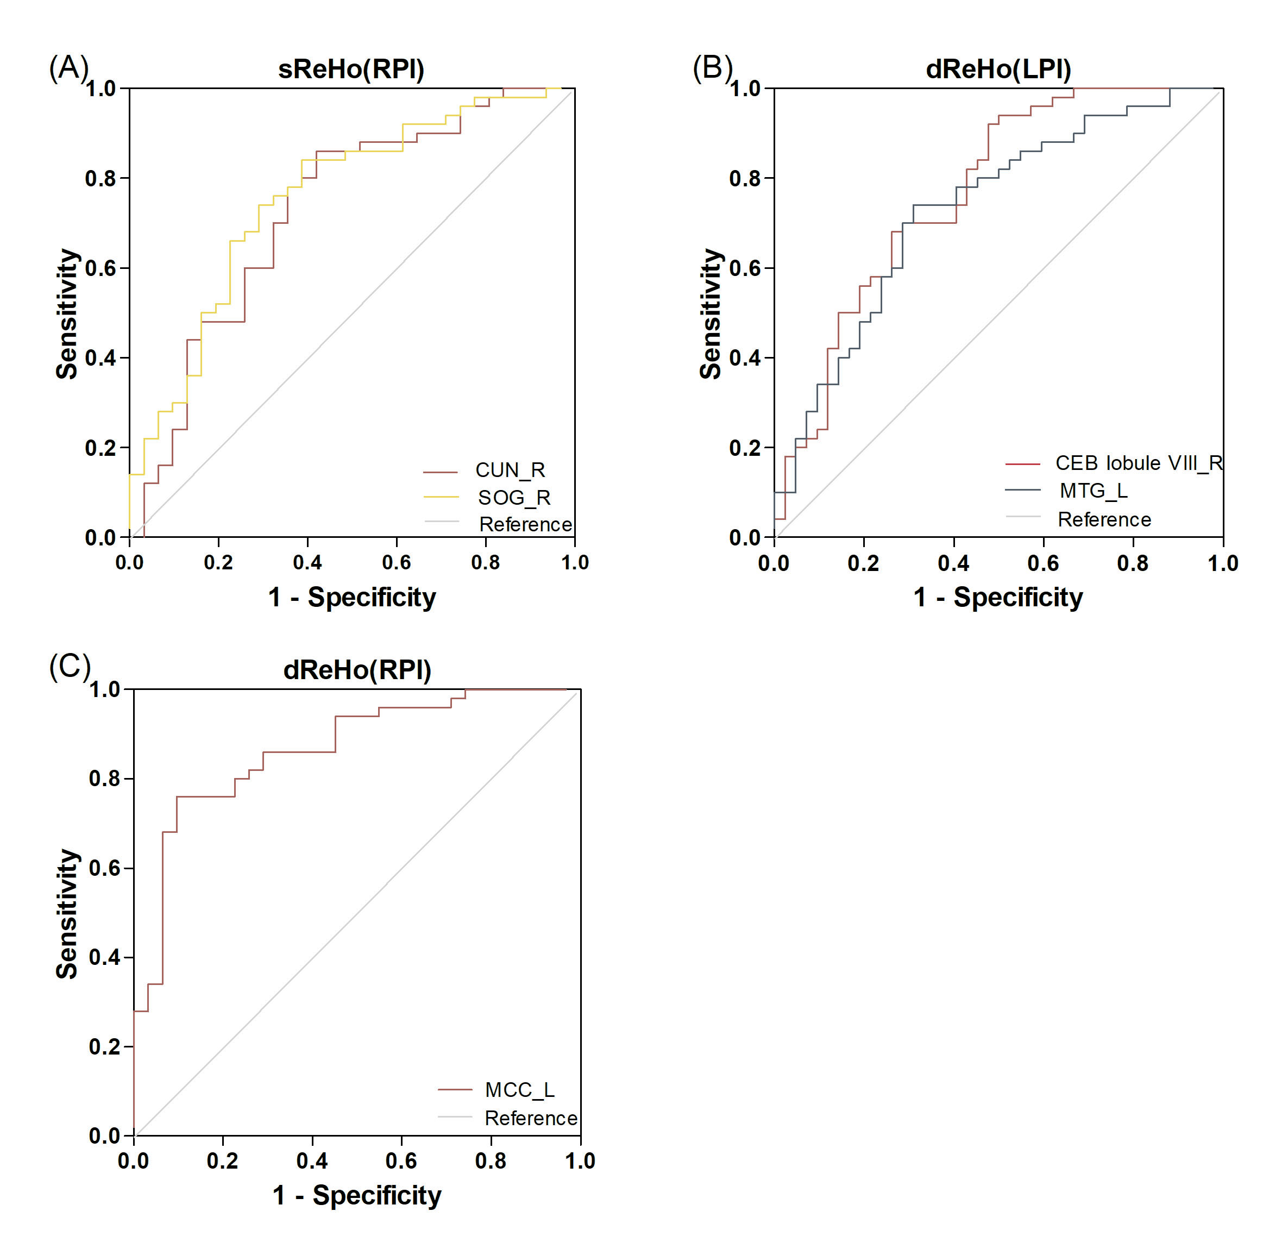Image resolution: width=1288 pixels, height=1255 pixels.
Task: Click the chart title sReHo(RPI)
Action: coord(351,69)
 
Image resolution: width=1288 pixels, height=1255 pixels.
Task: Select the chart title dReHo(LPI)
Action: coord(998,69)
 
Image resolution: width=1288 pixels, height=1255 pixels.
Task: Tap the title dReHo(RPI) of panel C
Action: coord(356,670)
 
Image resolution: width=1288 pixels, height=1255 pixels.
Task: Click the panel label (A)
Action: coord(68,68)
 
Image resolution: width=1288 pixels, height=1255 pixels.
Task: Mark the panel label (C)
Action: coord(69,667)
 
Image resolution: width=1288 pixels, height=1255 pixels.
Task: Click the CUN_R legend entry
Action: coord(510,470)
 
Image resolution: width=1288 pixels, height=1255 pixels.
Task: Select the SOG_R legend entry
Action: coord(513,498)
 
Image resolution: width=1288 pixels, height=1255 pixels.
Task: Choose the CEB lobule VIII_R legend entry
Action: coord(1139,463)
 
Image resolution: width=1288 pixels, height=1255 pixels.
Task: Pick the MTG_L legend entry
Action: coord(1094,491)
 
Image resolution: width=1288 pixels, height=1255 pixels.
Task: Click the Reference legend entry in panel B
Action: coord(1104,520)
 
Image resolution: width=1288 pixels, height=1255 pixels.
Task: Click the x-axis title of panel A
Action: coord(351,598)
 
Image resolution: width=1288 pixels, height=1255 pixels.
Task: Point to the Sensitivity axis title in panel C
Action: coord(67,914)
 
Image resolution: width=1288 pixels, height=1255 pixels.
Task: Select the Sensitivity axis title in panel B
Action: coord(711,314)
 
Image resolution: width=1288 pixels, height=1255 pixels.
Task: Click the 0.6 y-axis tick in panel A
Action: coord(100,268)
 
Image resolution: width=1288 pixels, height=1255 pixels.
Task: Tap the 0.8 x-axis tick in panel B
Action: coord(1133,563)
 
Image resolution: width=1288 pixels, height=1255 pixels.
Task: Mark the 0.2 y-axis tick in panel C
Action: coord(104,1047)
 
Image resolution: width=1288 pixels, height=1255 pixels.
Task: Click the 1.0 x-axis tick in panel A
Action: coord(575,563)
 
